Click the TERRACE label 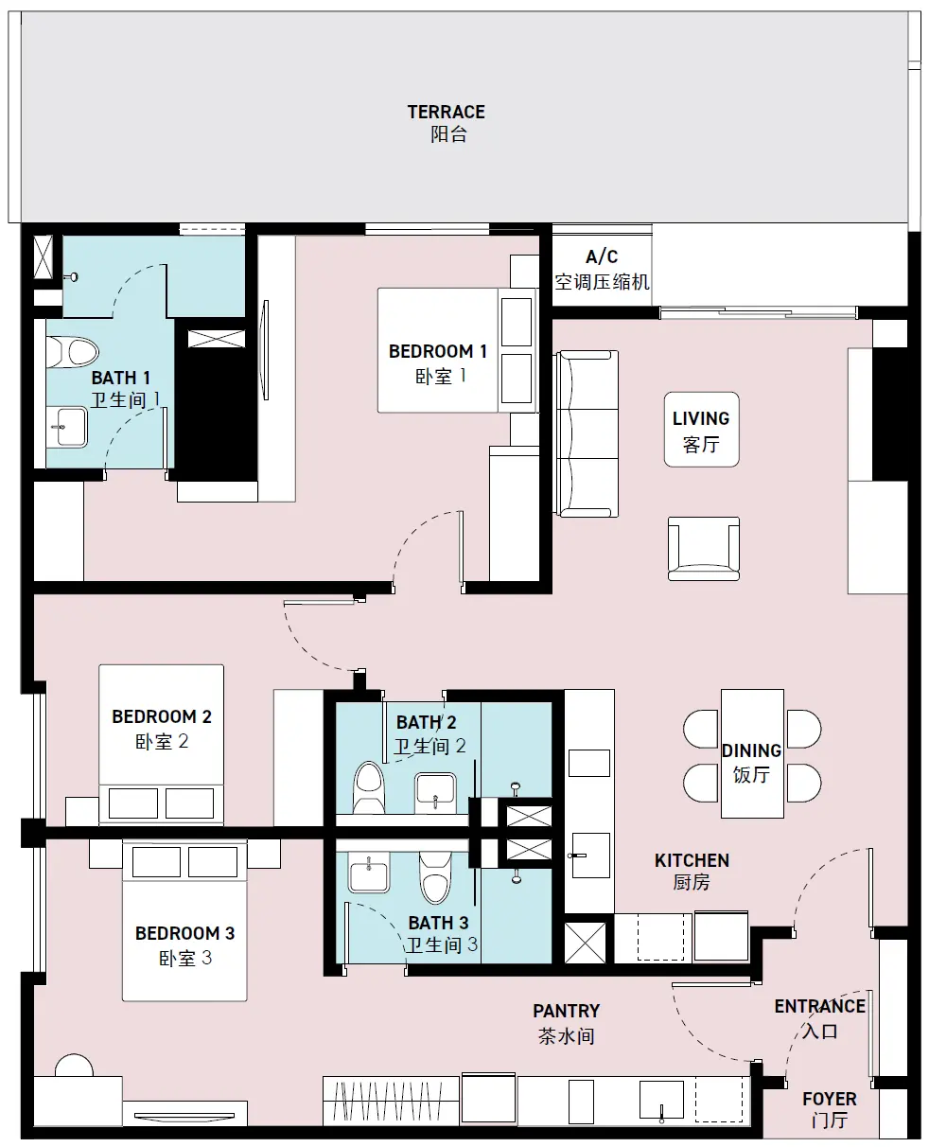[447, 123]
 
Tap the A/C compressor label [602, 270]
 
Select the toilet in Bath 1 [72, 352]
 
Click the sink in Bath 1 [67, 427]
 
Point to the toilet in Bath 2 [369, 786]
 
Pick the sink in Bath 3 [369, 872]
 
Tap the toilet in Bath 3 [435, 877]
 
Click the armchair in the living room [704, 549]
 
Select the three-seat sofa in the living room [587, 433]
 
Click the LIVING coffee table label [701, 431]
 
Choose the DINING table [752, 753]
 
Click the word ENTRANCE [820, 1006]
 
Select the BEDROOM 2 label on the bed [162, 729]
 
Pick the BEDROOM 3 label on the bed [184, 945]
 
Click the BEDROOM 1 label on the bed [438, 363]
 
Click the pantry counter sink [661, 1100]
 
